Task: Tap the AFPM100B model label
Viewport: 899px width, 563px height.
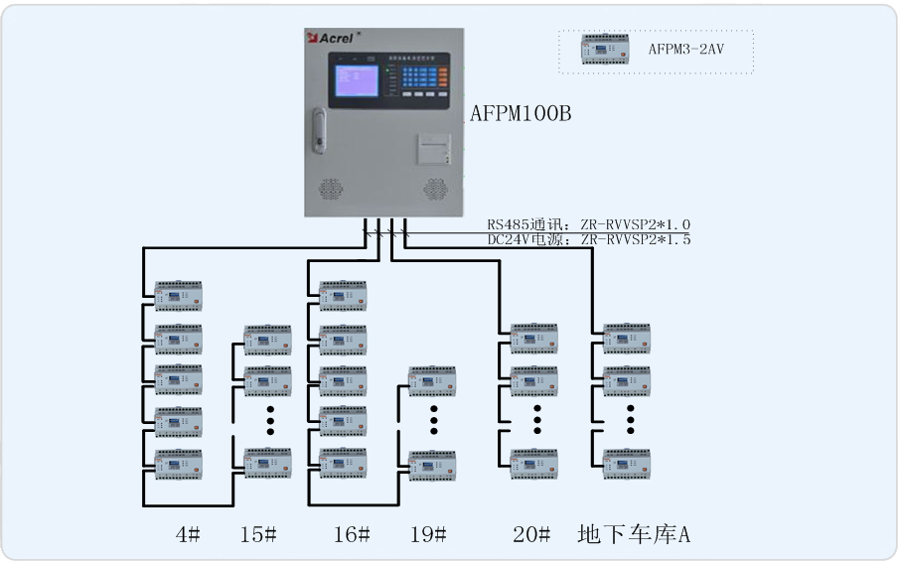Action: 521,114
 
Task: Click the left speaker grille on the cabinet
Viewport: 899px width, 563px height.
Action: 330,188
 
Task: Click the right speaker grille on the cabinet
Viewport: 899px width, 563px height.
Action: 434,188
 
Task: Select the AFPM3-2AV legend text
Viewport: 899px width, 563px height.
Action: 685,47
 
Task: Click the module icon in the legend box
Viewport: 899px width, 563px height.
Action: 605,50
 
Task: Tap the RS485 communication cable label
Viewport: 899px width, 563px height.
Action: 588,225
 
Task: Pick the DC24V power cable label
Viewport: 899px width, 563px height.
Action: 588,239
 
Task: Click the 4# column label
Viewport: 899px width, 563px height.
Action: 187,534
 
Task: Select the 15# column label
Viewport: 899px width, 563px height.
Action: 257,534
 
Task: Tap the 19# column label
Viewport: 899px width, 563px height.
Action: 427,534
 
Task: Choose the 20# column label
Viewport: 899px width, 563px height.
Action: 530,534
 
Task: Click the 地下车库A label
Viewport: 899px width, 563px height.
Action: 634,534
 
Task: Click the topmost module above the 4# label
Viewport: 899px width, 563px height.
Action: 178,296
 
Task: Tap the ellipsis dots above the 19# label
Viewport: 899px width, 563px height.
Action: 433,418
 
